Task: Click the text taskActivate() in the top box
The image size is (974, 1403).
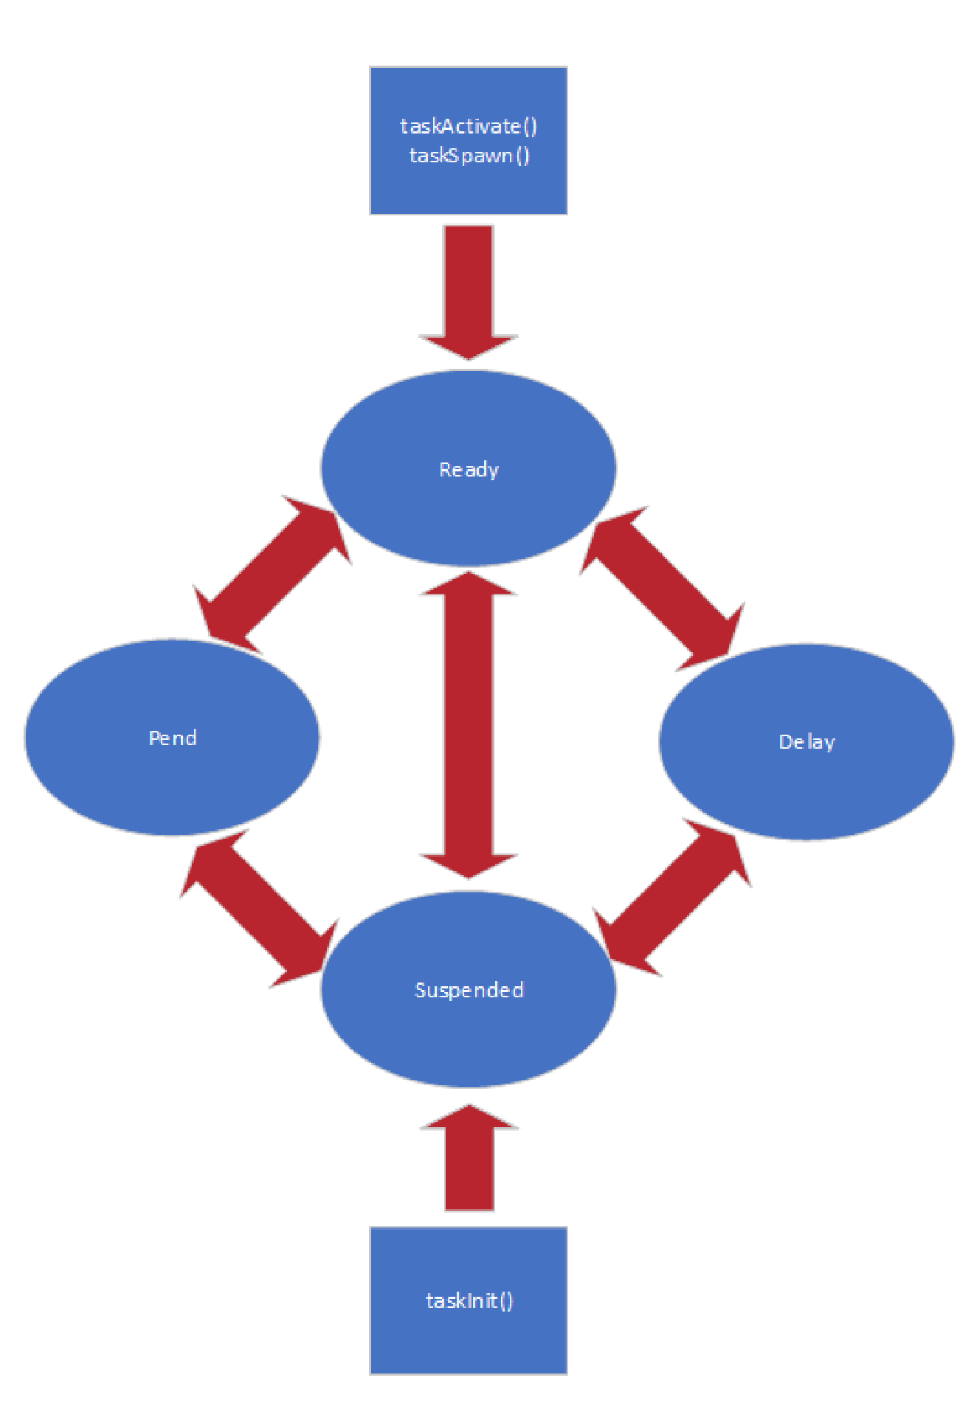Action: click(469, 126)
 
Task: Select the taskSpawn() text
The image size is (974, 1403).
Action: click(469, 156)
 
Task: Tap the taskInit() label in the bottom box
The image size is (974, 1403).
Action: click(469, 1300)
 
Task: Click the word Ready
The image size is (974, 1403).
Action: click(469, 470)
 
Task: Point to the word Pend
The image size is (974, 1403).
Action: click(173, 738)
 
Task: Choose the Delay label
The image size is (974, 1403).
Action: click(807, 742)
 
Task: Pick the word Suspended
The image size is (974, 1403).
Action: click(469, 990)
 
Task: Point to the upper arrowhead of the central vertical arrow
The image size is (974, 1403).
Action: click(469, 586)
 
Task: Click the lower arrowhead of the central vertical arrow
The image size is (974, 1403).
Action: click(469, 865)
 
